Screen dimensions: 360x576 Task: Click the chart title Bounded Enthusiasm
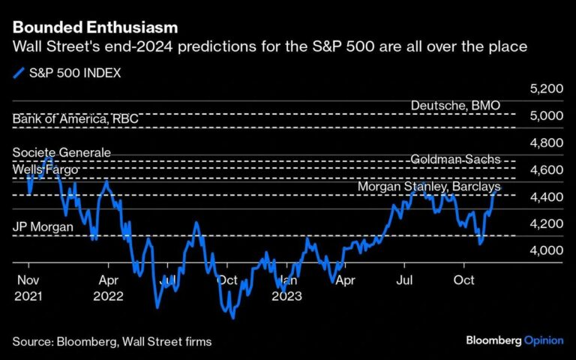tap(95, 28)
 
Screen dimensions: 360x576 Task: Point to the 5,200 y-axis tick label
tap(546, 88)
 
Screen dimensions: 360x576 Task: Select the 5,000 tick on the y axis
tap(546, 115)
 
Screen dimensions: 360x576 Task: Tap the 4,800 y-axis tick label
tap(546, 142)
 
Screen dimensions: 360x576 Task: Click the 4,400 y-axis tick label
tap(546, 196)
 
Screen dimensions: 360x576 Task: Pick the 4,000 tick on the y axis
tap(546, 250)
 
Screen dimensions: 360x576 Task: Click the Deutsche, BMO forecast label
tap(455, 106)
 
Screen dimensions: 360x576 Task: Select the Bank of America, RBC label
tap(75, 119)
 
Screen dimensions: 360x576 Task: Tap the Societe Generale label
tap(61, 153)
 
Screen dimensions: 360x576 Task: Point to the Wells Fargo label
tap(45, 170)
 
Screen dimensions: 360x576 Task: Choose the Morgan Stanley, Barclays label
tap(428, 186)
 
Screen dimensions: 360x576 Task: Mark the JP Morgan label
tap(43, 226)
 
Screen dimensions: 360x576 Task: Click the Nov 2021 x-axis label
tap(28, 289)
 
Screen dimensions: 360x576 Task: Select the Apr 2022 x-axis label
tap(109, 289)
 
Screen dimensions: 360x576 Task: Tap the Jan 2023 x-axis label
tap(287, 289)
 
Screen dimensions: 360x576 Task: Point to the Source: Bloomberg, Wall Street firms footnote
tap(112, 341)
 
